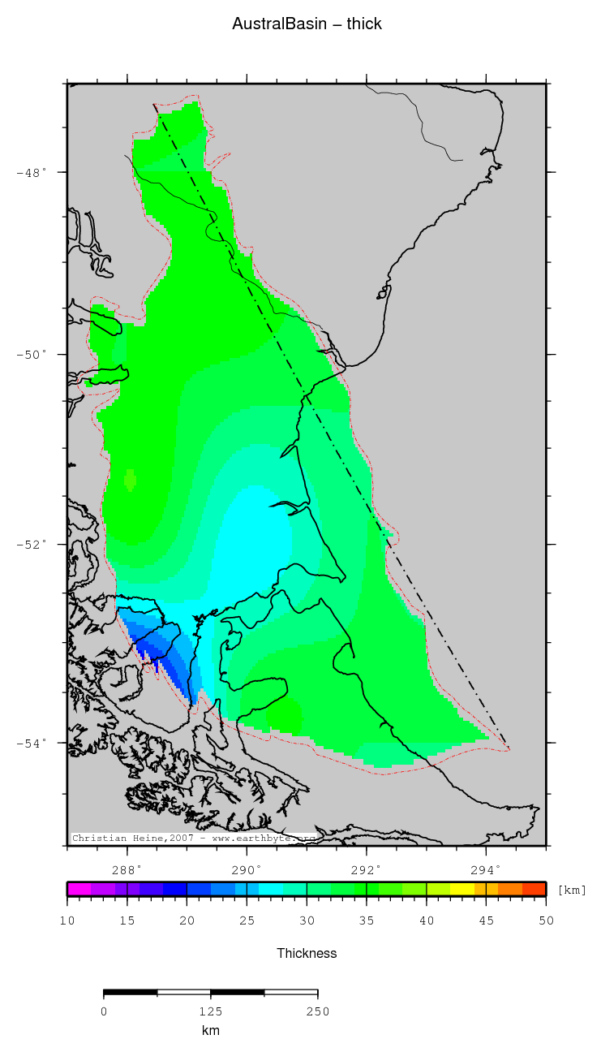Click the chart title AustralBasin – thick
307,24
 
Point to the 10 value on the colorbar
67,921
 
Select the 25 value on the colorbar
247,921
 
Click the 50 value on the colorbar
546,921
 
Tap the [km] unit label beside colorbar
572,890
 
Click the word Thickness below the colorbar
307,953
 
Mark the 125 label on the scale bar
210,1011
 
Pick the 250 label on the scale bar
317,1011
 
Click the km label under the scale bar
210,1031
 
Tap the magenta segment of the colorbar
79,889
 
